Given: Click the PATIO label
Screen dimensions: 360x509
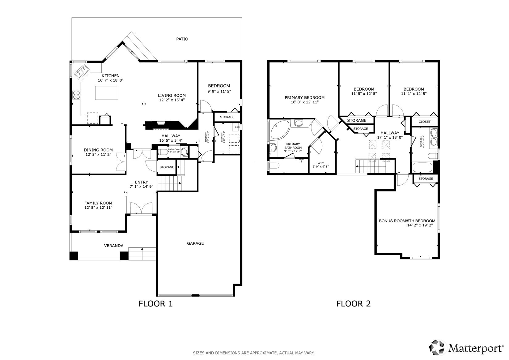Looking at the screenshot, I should point(182,39).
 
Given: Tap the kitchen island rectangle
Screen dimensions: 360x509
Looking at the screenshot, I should point(107,93).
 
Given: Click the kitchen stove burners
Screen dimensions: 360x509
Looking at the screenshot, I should point(76,95).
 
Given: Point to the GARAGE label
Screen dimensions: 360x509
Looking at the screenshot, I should point(195,243).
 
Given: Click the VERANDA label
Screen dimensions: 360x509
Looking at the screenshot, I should point(113,246).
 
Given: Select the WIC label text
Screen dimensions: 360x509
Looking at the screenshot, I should point(320,163).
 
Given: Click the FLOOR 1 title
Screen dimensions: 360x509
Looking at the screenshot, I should point(155,304).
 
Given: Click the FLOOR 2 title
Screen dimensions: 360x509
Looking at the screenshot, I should point(353,304).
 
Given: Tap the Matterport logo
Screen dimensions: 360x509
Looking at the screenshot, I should point(467,348).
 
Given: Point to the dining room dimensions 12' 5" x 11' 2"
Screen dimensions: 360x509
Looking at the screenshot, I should point(98,154).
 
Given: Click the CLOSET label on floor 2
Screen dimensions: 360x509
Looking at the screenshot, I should point(424,122).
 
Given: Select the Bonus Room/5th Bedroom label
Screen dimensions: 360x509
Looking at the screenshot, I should point(407,221).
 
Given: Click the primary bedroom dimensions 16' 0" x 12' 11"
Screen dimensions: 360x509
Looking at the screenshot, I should point(304,102).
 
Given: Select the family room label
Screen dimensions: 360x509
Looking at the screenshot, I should point(98,203).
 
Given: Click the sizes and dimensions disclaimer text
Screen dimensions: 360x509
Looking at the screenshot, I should point(254,353).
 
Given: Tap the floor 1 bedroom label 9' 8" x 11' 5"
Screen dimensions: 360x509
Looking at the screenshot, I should point(219,91).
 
